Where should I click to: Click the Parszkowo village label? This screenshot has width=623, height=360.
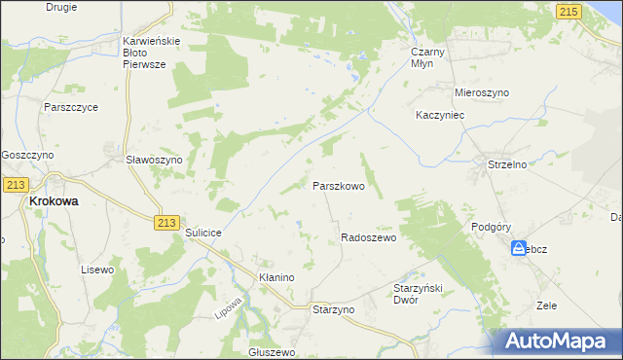(x=338, y=185)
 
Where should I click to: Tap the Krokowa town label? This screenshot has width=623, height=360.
(x=54, y=200)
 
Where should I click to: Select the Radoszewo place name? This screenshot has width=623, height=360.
(x=367, y=237)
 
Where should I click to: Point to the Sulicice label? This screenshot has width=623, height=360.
(x=204, y=234)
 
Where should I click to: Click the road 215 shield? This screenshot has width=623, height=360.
(x=570, y=10)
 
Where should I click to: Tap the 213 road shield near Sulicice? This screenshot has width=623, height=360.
(x=165, y=223)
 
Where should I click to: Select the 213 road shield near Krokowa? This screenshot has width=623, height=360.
(x=15, y=184)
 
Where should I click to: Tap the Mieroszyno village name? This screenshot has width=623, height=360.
(x=482, y=92)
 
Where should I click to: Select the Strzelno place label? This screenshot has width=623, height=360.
(x=506, y=164)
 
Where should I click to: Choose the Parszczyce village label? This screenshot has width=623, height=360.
(x=70, y=107)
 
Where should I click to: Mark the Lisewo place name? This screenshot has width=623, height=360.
(x=97, y=269)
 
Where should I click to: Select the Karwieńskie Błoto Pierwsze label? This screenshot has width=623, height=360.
(x=157, y=52)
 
